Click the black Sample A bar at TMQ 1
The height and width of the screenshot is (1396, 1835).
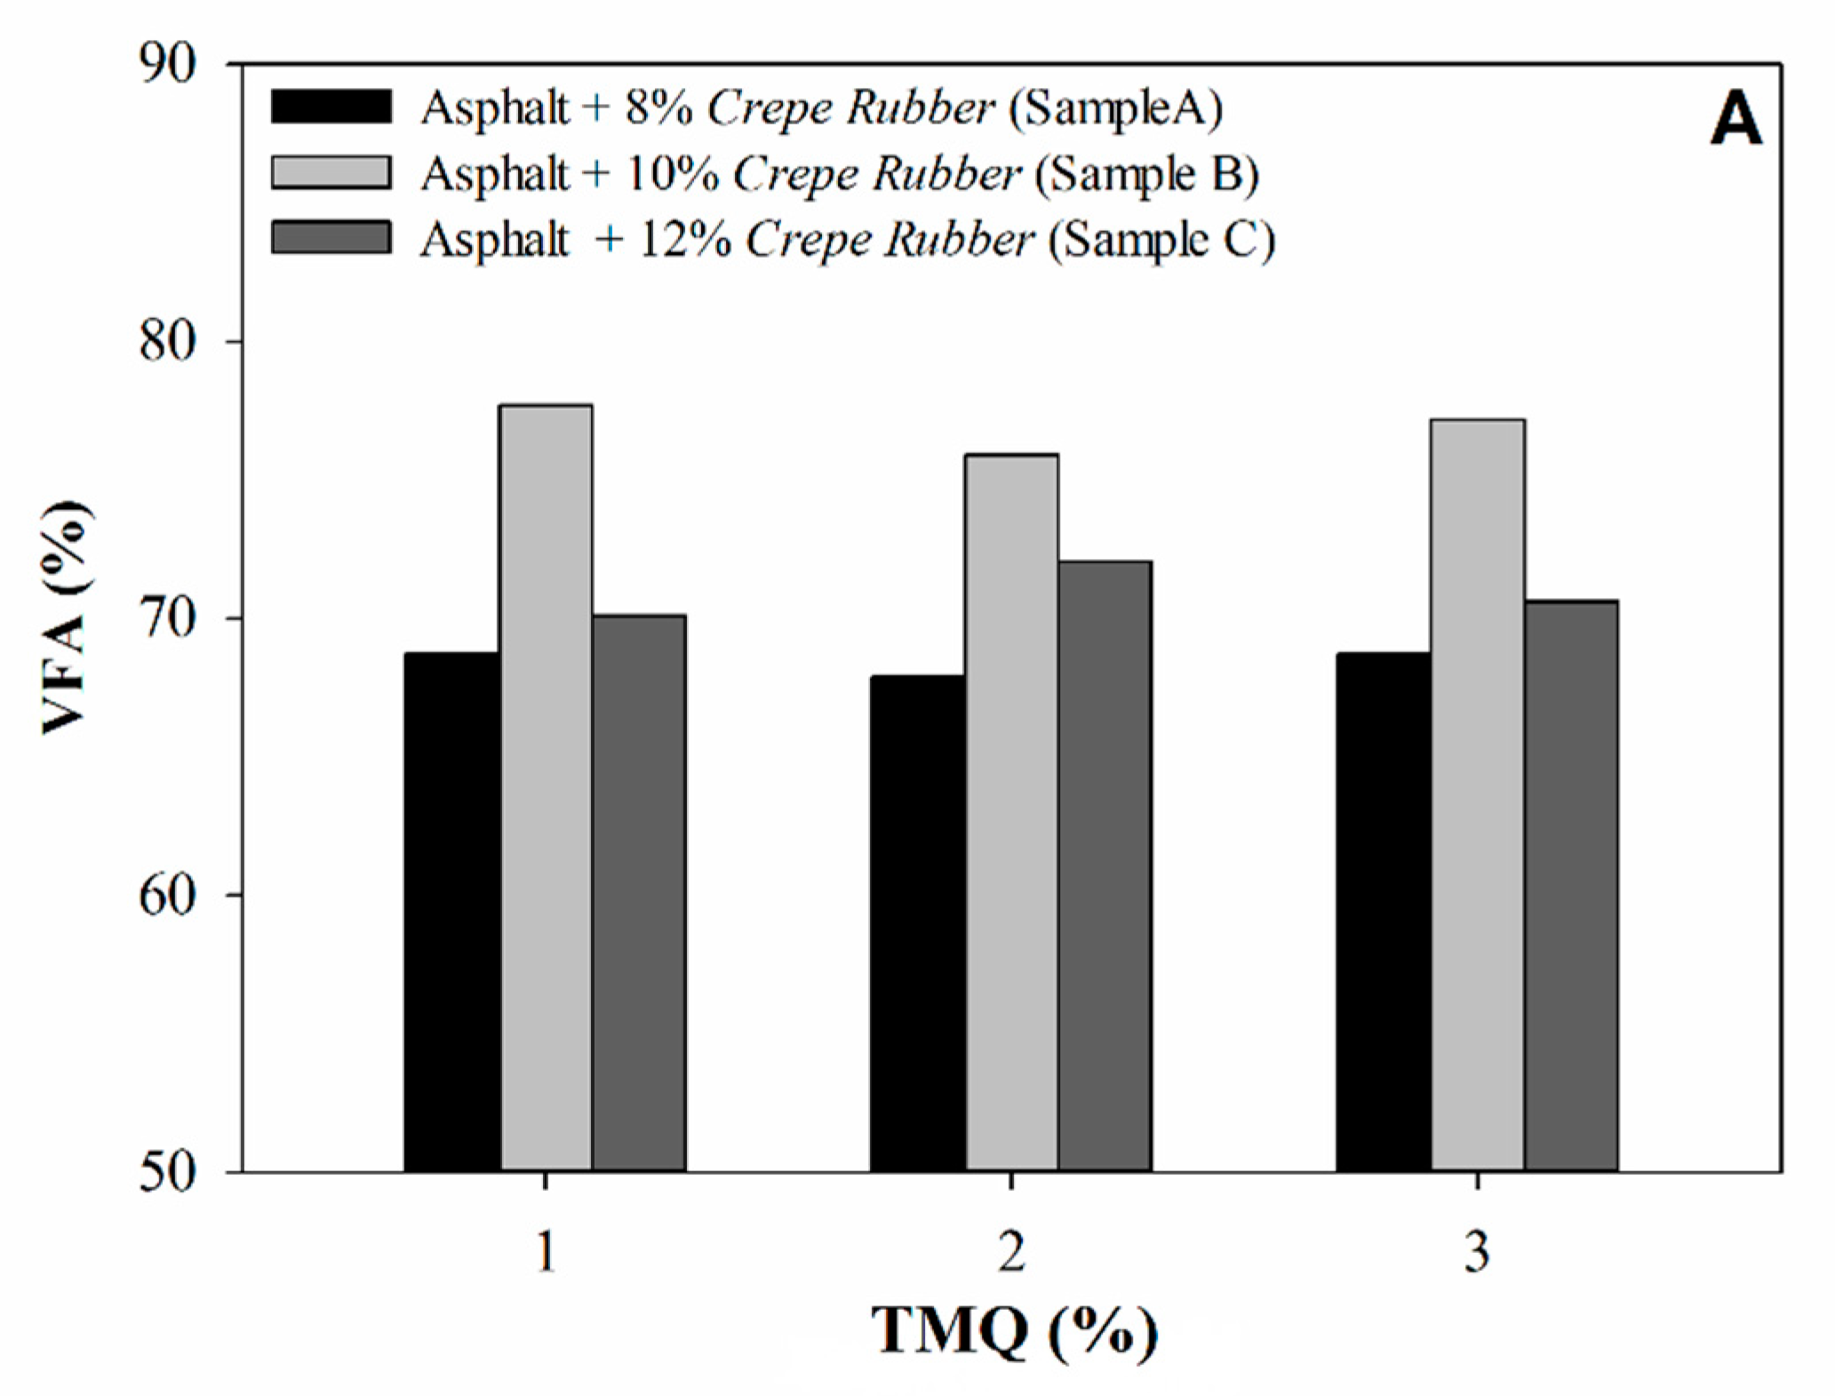(x=452, y=912)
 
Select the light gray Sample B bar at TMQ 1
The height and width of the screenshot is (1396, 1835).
(x=546, y=788)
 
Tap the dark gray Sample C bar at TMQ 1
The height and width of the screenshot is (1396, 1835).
(x=639, y=893)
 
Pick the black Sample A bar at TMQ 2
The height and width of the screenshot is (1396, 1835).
(x=918, y=923)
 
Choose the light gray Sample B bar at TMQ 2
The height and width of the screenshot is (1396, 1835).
(x=1012, y=812)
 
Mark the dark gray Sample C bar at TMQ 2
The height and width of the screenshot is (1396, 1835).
(x=1105, y=866)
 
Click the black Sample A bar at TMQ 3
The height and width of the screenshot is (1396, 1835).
(x=1384, y=912)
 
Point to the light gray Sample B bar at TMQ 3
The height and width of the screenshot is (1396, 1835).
(x=1478, y=795)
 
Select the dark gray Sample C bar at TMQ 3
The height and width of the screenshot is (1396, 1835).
(x=1571, y=886)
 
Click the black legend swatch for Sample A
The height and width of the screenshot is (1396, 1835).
(x=331, y=107)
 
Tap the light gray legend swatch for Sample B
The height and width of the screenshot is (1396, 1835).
(x=331, y=172)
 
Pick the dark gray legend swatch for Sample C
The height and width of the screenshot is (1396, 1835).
(x=331, y=238)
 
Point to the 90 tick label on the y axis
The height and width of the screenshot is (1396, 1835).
(x=168, y=64)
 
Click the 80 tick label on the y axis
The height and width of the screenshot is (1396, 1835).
(x=168, y=341)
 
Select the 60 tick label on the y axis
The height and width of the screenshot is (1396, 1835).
(x=168, y=896)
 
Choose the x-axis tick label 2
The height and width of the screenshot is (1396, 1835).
(x=1011, y=1252)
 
